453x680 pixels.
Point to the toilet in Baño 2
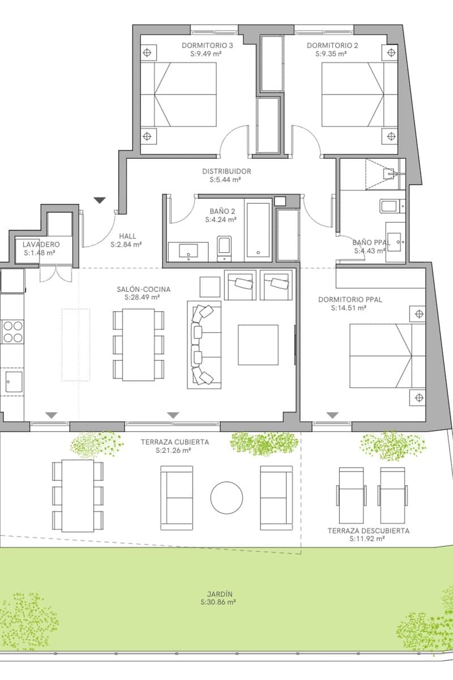pos(225,248)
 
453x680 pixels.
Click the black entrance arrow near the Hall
pos(100,200)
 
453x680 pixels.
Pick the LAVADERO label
pos(41,244)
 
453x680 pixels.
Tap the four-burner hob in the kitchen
pos(13,331)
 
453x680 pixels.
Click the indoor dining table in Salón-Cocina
pos(139,345)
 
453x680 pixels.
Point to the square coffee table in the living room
pos(258,345)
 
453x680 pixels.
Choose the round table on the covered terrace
pos(226,498)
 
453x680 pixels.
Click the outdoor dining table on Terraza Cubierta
pos(78,495)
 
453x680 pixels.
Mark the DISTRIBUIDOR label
pos(226,171)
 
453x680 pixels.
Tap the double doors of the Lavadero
pos(55,274)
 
